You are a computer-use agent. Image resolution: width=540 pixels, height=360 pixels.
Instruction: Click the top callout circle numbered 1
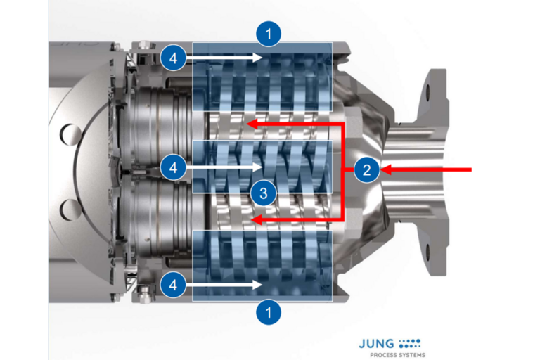[269, 34]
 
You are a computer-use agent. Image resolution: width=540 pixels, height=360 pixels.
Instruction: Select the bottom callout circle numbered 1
[269, 312]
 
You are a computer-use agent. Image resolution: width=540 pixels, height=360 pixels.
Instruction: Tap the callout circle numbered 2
[367, 169]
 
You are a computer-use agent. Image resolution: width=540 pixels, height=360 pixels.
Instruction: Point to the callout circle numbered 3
[264, 193]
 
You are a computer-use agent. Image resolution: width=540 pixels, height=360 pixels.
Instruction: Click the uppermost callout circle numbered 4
[173, 58]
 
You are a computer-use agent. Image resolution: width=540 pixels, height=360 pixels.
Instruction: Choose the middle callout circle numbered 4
[173, 168]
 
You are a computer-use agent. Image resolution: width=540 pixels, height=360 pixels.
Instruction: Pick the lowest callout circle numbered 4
[173, 285]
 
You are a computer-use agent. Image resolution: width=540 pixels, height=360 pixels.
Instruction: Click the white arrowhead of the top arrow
[257, 57]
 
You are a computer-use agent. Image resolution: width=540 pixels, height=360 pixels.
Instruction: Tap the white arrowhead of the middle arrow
[257, 167]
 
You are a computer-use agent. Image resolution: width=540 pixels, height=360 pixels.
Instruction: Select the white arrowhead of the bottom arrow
[257, 285]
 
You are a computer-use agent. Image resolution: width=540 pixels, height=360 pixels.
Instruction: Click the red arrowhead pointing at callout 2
[387, 169]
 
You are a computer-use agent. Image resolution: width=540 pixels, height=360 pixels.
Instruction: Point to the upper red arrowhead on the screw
[252, 123]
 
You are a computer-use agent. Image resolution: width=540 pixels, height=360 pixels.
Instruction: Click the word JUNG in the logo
[376, 343]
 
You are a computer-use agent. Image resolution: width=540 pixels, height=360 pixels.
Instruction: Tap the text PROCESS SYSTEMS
[398, 355]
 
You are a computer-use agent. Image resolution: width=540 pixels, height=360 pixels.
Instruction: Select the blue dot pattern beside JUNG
[409, 343]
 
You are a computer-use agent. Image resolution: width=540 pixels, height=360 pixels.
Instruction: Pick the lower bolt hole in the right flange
[428, 252]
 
